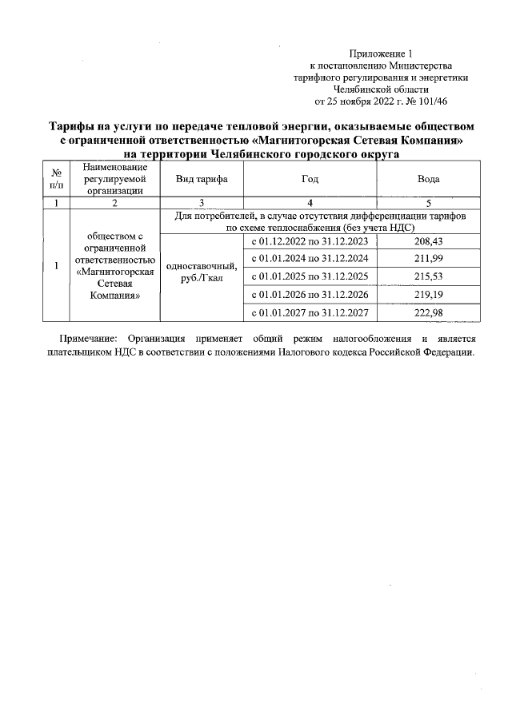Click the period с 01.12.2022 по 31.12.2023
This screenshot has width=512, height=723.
[x=310, y=241]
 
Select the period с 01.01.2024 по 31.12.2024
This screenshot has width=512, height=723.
[x=310, y=259]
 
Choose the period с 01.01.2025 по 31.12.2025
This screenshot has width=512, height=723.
[x=310, y=276]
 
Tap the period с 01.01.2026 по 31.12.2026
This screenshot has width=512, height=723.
[x=310, y=294]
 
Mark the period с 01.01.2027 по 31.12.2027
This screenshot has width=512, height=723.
[x=310, y=312]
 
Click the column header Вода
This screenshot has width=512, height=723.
[x=429, y=179]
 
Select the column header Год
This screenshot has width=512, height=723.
[x=310, y=179]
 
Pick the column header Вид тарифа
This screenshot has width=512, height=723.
[x=202, y=179]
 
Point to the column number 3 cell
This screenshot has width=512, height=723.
[x=202, y=203]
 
